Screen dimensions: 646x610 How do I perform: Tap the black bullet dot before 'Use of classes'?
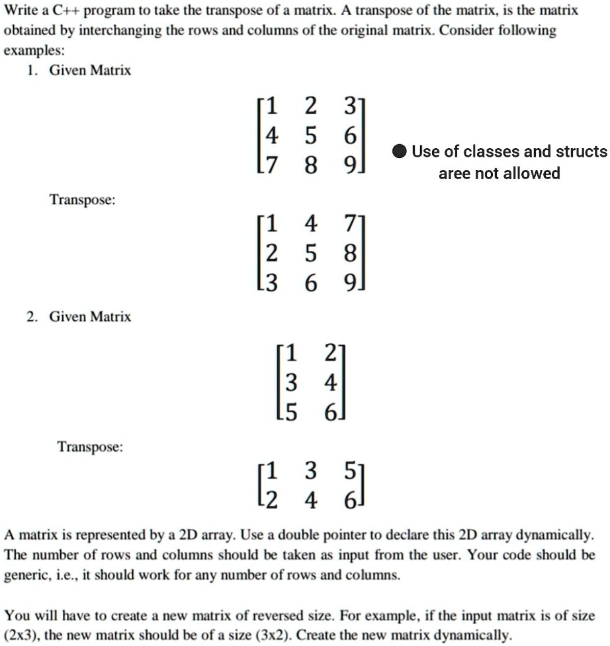[399, 152]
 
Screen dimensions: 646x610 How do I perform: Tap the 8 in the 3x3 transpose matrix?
[349, 253]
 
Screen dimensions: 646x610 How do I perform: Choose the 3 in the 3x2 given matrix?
[290, 382]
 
